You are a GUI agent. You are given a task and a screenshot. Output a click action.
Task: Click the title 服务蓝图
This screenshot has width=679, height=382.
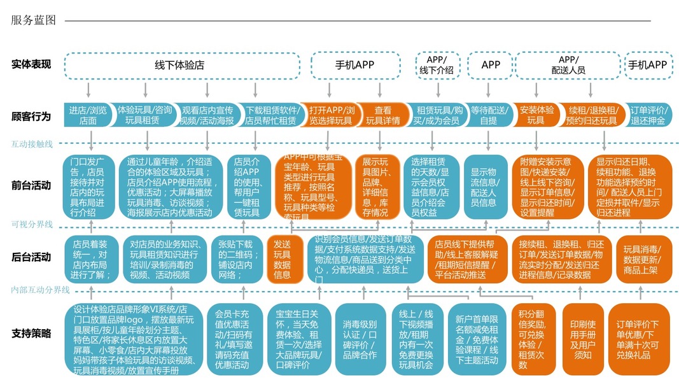pyautogui.click(x=34, y=20)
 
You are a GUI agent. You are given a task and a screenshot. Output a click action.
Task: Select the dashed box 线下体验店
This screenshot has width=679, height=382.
pyautogui.click(x=181, y=65)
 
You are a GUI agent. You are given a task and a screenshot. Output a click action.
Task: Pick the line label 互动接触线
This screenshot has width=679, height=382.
pyautogui.click(x=32, y=145)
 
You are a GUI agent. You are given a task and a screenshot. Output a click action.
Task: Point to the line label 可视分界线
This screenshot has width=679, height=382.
pyautogui.click(x=32, y=224)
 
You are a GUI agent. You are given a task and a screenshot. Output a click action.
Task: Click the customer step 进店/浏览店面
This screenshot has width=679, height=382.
pyautogui.click(x=88, y=115)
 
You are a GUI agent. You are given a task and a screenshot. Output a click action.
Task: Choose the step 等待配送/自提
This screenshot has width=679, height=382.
pyautogui.click(x=489, y=115)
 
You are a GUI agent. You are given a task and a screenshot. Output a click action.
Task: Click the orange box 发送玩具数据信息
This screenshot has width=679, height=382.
pyautogui.click(x=283, y=259)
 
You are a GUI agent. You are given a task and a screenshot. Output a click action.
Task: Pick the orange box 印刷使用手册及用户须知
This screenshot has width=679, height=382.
pyautogui.click(x=583, y=338)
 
